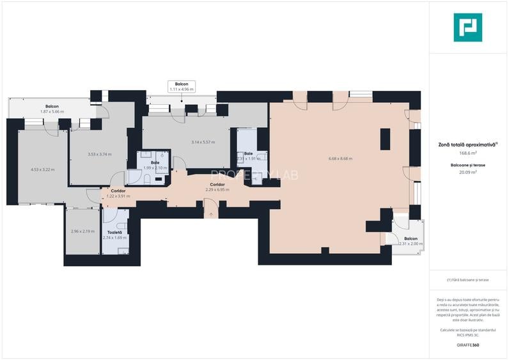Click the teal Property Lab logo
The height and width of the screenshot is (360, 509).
[467, 27]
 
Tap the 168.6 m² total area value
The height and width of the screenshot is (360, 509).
[467, 153]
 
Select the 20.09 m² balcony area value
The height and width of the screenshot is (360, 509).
[467, 171]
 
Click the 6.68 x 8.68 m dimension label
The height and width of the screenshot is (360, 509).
[340, 159]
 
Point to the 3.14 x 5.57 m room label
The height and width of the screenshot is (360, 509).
[203, 142]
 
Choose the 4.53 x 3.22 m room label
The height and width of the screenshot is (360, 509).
[43, 169]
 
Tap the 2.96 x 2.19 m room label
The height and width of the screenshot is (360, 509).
[83, 231]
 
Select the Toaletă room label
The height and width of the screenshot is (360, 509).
[115, 233]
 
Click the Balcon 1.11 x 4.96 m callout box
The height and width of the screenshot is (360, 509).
[181, 86]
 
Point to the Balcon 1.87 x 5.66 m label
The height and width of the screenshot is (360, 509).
[52, 109]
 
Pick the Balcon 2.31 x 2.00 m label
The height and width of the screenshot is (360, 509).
[410, 241]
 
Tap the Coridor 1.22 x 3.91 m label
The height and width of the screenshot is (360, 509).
[118, 194]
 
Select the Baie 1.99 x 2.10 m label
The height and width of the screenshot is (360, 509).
[155, 165]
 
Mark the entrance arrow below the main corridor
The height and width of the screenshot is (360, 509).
[210, 215]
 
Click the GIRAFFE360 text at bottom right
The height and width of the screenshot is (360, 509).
[467, 345]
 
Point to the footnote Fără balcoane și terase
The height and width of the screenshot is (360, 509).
[467, 280]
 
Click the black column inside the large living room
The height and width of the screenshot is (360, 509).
[385, 139]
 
